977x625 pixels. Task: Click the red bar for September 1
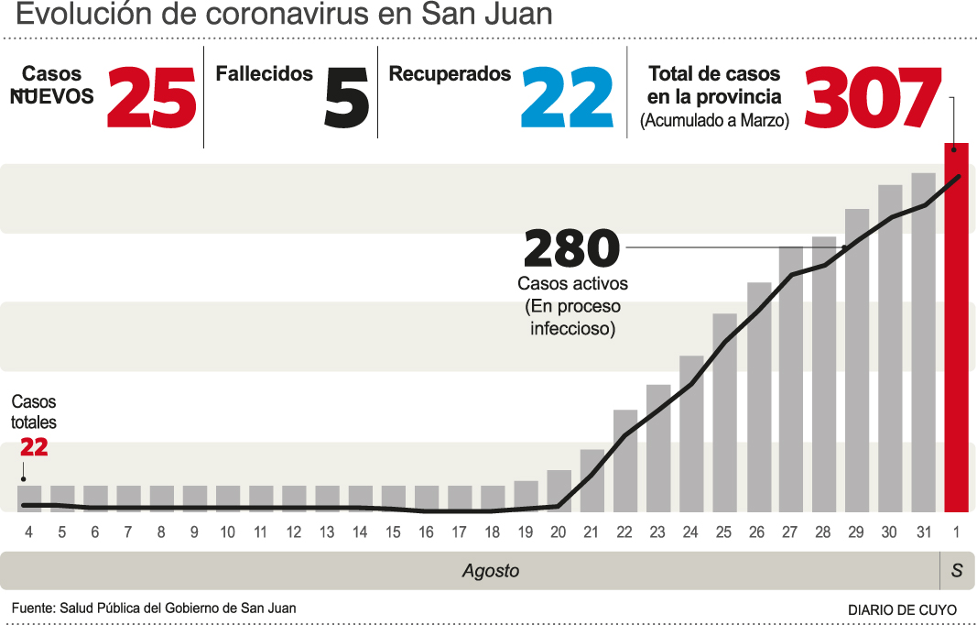click(956, 330)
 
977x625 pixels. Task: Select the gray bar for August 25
click(724, 412)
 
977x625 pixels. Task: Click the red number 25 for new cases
click(151, 99)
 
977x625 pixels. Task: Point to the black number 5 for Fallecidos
click(346, 99)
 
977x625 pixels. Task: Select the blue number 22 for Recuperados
click(566, 99)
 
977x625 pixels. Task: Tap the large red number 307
click(872, 99)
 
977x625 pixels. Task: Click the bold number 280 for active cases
click(571, 249)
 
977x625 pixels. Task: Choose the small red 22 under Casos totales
click(34, 447)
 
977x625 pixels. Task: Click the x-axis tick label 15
click(393, 532)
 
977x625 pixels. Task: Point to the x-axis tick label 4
click(29, 532)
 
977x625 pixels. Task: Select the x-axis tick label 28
click(823, 532)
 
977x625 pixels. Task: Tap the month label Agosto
click(490, 571)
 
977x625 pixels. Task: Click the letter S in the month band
click(957, 571)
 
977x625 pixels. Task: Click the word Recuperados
click(450, 74)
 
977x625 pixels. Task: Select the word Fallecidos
click(264, 74)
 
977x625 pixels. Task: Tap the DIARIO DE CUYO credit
click(902, 609)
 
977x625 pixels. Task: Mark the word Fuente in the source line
click(33, 608)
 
